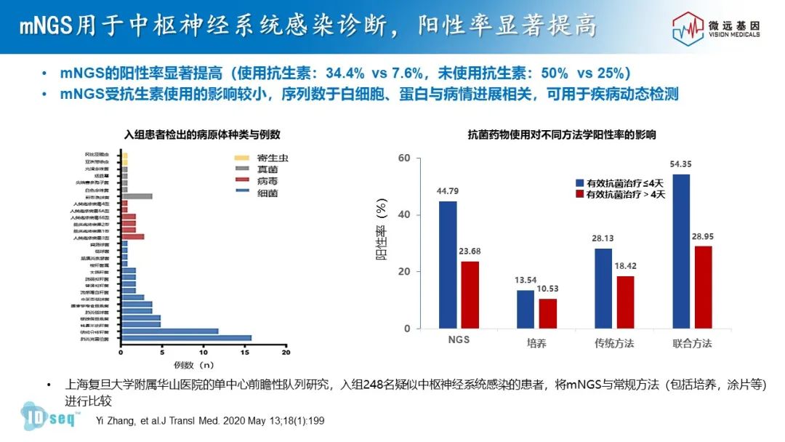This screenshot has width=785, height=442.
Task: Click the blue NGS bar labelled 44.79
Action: click(x=448, y=265)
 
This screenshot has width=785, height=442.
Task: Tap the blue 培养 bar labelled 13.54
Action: click(x=526, y=309)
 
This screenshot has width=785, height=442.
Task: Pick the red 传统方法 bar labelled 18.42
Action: click(x=625, y=302)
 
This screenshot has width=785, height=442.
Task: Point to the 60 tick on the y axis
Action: click(x=405, y=158)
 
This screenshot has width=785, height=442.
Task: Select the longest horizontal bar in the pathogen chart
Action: click(x=187, y=338)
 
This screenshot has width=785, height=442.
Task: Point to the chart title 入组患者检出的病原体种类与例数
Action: click(x=202, y=135)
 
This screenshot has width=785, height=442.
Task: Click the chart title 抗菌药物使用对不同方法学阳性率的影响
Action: click(x=561, y=135)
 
